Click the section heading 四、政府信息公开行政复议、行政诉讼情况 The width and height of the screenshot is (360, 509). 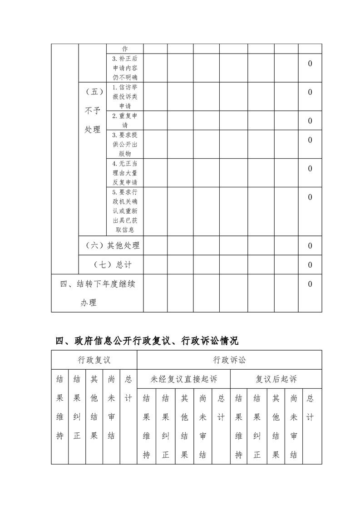click(147, 340)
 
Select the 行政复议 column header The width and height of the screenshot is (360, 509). click(94, 360)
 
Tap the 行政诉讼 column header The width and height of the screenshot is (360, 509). click(229, 360)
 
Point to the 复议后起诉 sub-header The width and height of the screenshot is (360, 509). click(276, 379)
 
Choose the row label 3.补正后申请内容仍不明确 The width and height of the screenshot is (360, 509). click(125, 68)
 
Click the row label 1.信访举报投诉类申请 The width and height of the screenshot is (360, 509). click(125, 96)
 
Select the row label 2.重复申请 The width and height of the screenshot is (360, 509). click(125, 120)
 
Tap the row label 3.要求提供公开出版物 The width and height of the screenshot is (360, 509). click(125, 144)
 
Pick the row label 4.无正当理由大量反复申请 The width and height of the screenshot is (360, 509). click(125, 172)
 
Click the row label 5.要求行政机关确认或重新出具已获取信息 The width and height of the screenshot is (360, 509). click(125, 211)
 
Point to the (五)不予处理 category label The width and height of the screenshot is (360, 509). click(93, 110)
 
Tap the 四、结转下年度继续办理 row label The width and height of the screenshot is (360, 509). click(98, 293)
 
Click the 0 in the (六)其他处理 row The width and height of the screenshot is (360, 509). click(310, 245)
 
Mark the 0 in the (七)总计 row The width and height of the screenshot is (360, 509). click(310, 264)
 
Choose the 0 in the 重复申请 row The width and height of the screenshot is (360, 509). click(310, 121)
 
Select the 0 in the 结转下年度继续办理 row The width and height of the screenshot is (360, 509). click(310, 284)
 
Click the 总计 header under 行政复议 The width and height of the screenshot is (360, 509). click(128, 388)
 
